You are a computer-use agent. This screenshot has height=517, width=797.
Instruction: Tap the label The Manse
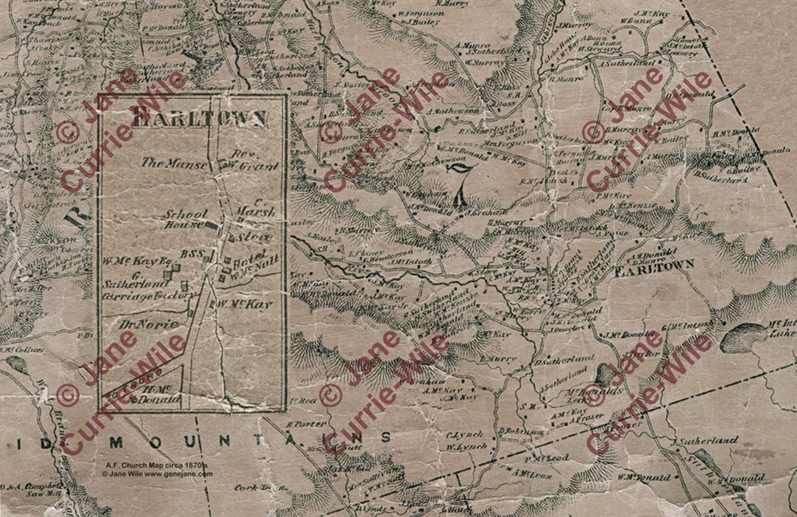[174, 164]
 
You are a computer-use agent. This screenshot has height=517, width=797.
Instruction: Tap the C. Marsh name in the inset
[255, 207]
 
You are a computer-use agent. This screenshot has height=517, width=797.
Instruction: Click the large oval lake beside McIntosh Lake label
[744, 337]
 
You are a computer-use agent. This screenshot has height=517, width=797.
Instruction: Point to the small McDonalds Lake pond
[605, 374]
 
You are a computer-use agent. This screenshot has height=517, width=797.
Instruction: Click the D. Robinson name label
[521, 431]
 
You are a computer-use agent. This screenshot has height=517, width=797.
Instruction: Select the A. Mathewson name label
[454, 111]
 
